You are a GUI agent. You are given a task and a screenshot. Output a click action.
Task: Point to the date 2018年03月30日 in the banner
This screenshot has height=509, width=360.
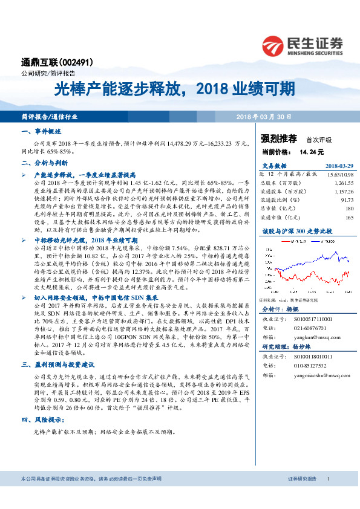point(263,116)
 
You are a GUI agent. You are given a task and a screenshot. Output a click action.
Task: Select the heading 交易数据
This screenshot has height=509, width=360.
point(274,165)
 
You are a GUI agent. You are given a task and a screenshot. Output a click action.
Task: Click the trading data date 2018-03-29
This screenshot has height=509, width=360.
point(339,165)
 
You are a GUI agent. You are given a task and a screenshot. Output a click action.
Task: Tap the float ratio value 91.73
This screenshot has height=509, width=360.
point(347,199)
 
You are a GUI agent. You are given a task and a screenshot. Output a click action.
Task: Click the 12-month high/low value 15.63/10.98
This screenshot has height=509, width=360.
point(339,173)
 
